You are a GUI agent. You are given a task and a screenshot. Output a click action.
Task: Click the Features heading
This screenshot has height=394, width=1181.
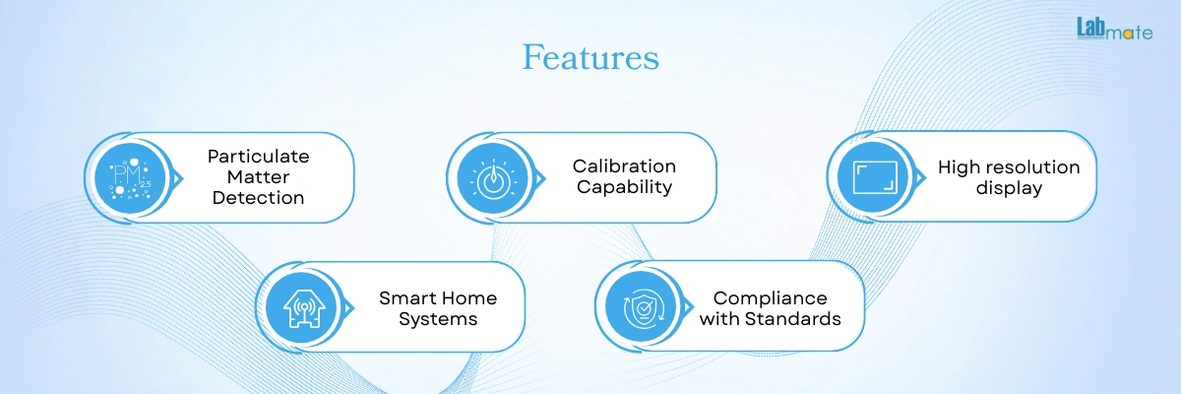coord(590,57)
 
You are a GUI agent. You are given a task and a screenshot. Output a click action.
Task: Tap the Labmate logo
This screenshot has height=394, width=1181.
coord(1114,29)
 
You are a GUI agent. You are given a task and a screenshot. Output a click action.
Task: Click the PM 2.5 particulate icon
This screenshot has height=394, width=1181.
coord(130,178)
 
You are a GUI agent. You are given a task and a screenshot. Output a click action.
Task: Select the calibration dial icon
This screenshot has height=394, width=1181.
coord(493,178)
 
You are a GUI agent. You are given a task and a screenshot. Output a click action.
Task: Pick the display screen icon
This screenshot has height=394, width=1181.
coord(875,177)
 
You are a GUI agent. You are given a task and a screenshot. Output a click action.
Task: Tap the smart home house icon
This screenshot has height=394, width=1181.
coord(304,307)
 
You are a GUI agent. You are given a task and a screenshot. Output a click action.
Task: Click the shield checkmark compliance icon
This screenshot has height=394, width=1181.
coord(642,307)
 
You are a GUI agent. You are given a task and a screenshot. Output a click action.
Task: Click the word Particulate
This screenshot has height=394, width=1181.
coord(258,157)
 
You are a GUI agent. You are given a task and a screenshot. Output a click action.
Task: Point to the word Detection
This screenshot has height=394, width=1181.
coord(258,198)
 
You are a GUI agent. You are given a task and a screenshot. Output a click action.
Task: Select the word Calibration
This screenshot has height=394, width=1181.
coord(624,166)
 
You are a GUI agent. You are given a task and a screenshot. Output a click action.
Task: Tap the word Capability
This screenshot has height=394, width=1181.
coord(624,187)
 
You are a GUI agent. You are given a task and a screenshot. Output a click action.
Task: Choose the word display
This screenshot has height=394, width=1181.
coord(1009,188)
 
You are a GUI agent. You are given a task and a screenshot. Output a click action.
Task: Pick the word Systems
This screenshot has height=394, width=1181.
coord(438,319)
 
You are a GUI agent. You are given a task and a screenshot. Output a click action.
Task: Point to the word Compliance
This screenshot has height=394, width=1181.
coord(771,298)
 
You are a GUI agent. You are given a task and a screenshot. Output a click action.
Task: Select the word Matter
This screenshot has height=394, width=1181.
coord(258,176)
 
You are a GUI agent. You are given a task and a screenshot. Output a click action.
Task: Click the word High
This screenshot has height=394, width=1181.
coord(956,167)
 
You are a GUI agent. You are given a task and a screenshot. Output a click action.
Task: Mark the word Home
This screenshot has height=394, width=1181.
coord(467,298)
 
